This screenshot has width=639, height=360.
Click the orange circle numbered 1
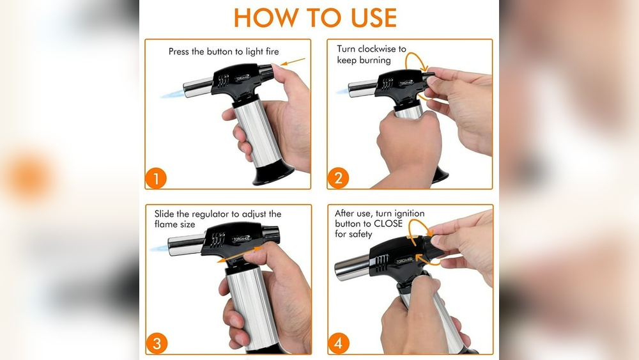pos(156,178)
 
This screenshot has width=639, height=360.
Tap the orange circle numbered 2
pos(338,178)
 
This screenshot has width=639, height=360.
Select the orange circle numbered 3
pos(157,343)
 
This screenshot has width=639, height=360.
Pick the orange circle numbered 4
pos(338,343)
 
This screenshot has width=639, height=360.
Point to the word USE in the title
pos(374,18)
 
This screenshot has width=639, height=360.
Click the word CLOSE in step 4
pos(388,224)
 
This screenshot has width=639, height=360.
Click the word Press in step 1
pos(178,51)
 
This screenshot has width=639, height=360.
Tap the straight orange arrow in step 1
pos(293,62)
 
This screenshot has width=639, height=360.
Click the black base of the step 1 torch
pos(273,174)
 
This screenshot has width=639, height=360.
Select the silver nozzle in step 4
pos(352,267)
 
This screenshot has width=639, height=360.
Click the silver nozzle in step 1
pos(198,88)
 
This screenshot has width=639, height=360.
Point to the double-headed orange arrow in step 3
pos(239,254)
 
